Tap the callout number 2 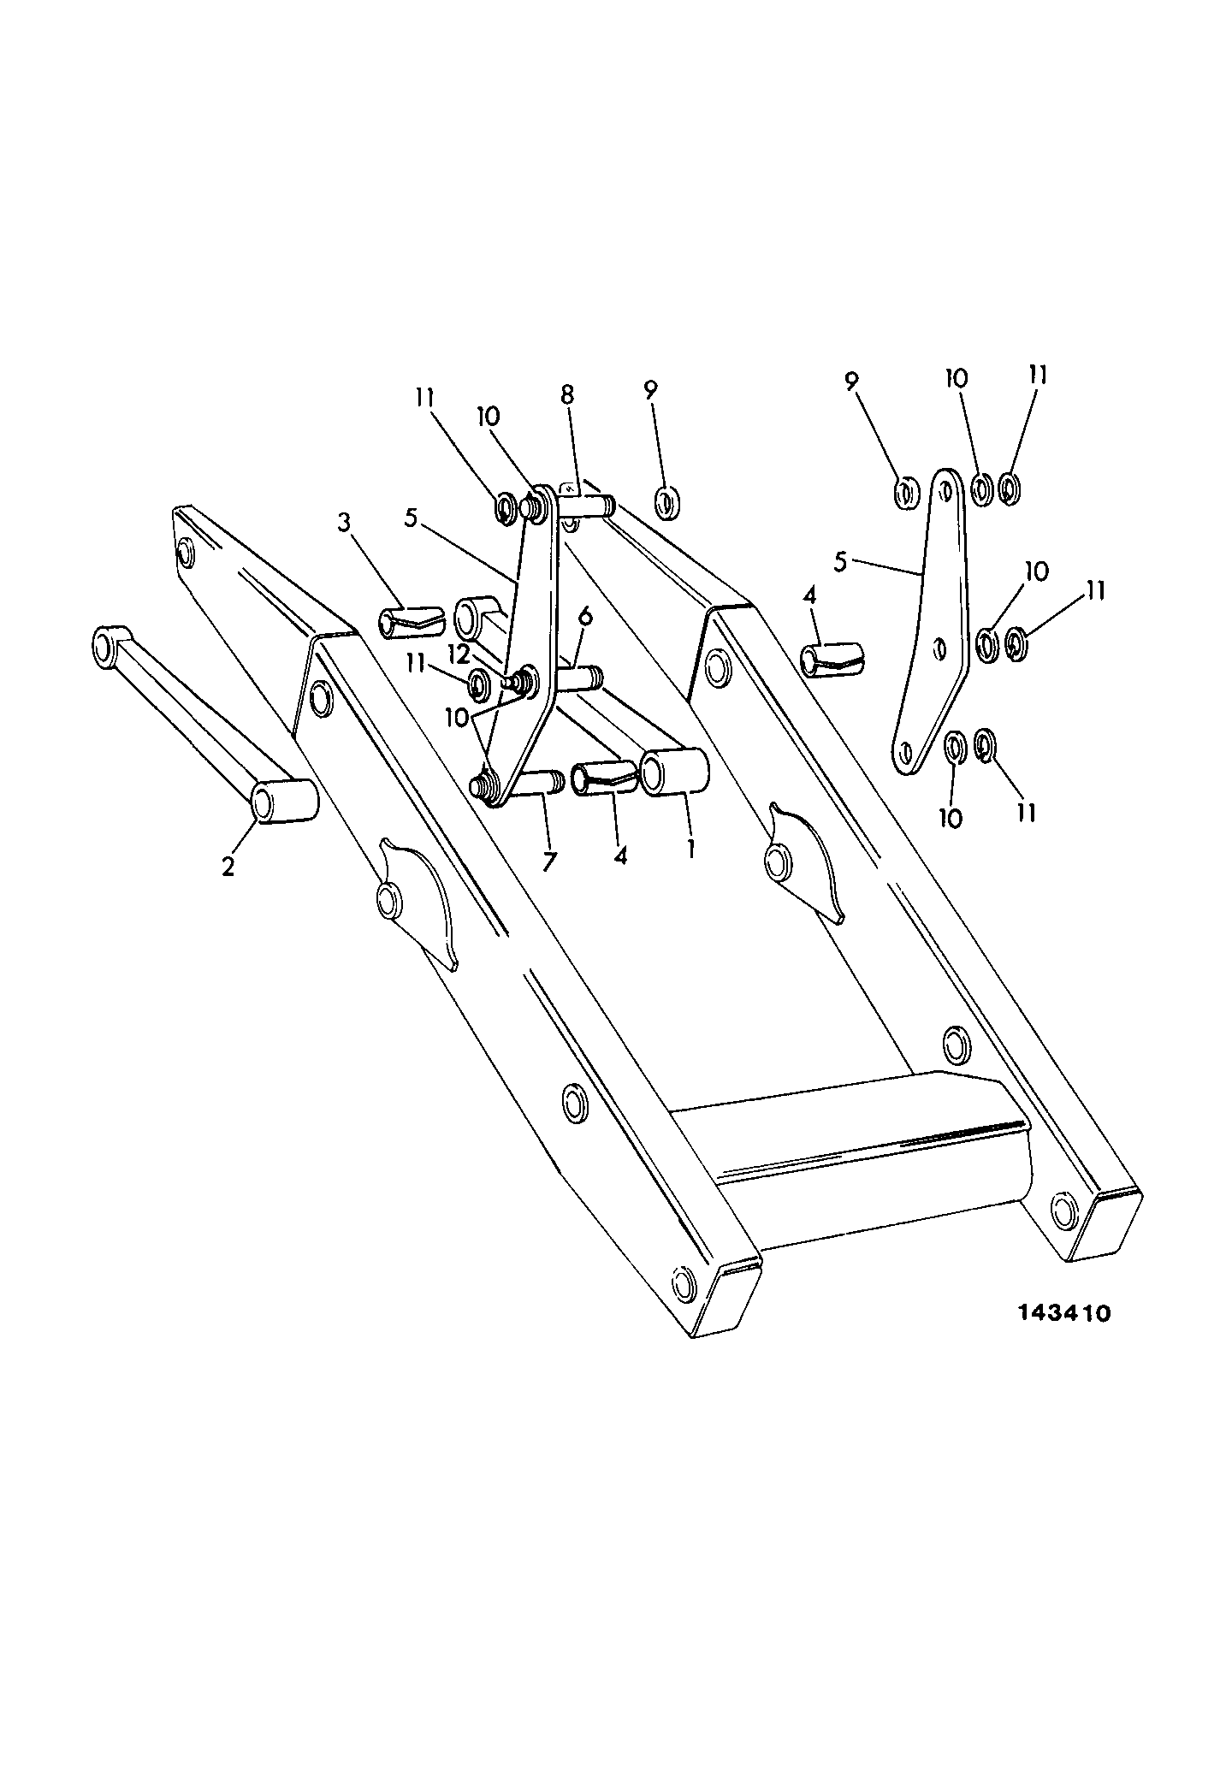[228, 866]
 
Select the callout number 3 [343, 523]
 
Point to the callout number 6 [585, 615]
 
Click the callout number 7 [548, 861]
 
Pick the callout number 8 [567, 395]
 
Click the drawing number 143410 [1063, 1337]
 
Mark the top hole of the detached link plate [945, 491]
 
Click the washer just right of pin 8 [667, 502]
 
